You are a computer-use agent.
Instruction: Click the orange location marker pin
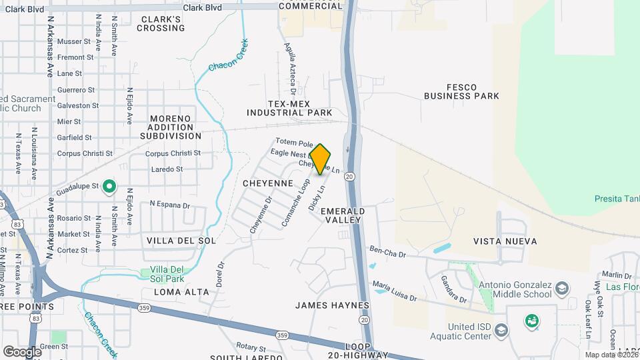point(321,159)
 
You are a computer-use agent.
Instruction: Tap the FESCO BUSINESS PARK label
point(461,91)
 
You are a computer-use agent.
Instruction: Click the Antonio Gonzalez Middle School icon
point(561,289)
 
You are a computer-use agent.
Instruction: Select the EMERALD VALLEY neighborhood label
point(341,215)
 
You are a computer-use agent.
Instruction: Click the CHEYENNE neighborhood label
point(268,182)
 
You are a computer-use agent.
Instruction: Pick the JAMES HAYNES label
point(332,305)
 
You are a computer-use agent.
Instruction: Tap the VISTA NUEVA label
point(505,241)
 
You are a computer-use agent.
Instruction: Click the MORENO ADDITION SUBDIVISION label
point(171,127)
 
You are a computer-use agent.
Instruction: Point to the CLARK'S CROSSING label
point(160,23)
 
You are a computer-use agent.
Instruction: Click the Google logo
point(22,351)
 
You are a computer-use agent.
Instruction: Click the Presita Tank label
point(617,199)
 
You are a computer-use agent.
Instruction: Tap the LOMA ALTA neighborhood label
point(181,292)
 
